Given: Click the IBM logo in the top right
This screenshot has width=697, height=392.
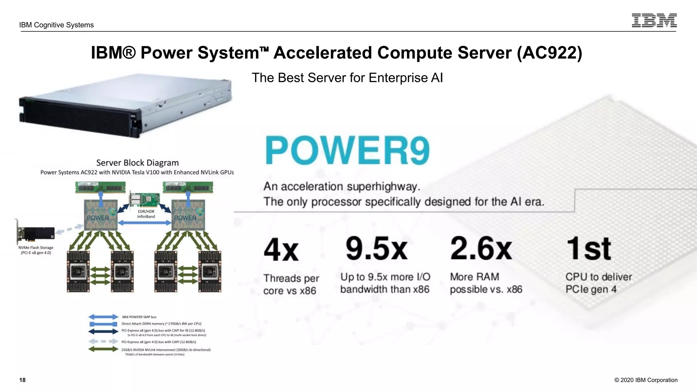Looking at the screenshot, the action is point(654,20).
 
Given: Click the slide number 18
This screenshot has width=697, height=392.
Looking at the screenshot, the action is point(22,380).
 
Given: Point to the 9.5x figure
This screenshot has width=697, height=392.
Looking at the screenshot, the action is point(376,248).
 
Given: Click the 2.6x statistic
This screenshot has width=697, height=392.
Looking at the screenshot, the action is point(481,248).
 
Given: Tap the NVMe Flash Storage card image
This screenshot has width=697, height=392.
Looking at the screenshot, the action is point(36,233).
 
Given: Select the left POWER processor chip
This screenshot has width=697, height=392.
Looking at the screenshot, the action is point(100,215).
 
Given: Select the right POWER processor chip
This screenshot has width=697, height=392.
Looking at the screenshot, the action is point(188,215).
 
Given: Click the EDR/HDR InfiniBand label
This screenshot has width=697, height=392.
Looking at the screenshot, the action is point(146,214).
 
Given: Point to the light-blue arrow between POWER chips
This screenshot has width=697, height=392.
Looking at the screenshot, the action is point(145,223).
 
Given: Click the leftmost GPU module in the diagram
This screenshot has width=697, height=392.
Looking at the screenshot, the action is point(78,272).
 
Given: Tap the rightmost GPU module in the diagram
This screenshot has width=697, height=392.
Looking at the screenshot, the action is point(210,272).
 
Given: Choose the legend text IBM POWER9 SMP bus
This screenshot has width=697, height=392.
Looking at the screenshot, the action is point(139,317).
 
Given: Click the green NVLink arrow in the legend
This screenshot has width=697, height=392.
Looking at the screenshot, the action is point(103,349).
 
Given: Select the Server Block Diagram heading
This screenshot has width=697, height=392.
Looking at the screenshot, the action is point(137,163).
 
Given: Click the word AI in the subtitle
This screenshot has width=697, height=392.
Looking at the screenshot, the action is point(437,78).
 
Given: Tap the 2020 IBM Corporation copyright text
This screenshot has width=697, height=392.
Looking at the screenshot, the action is point(646,380).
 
